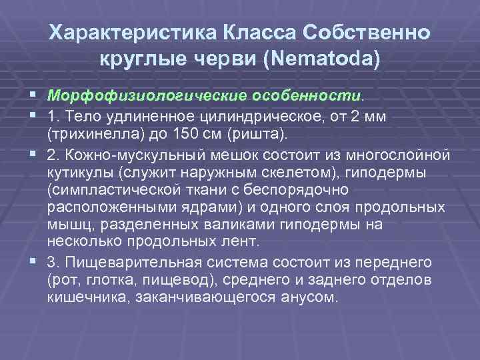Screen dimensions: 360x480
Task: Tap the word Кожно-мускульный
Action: [x=136, y=156]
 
